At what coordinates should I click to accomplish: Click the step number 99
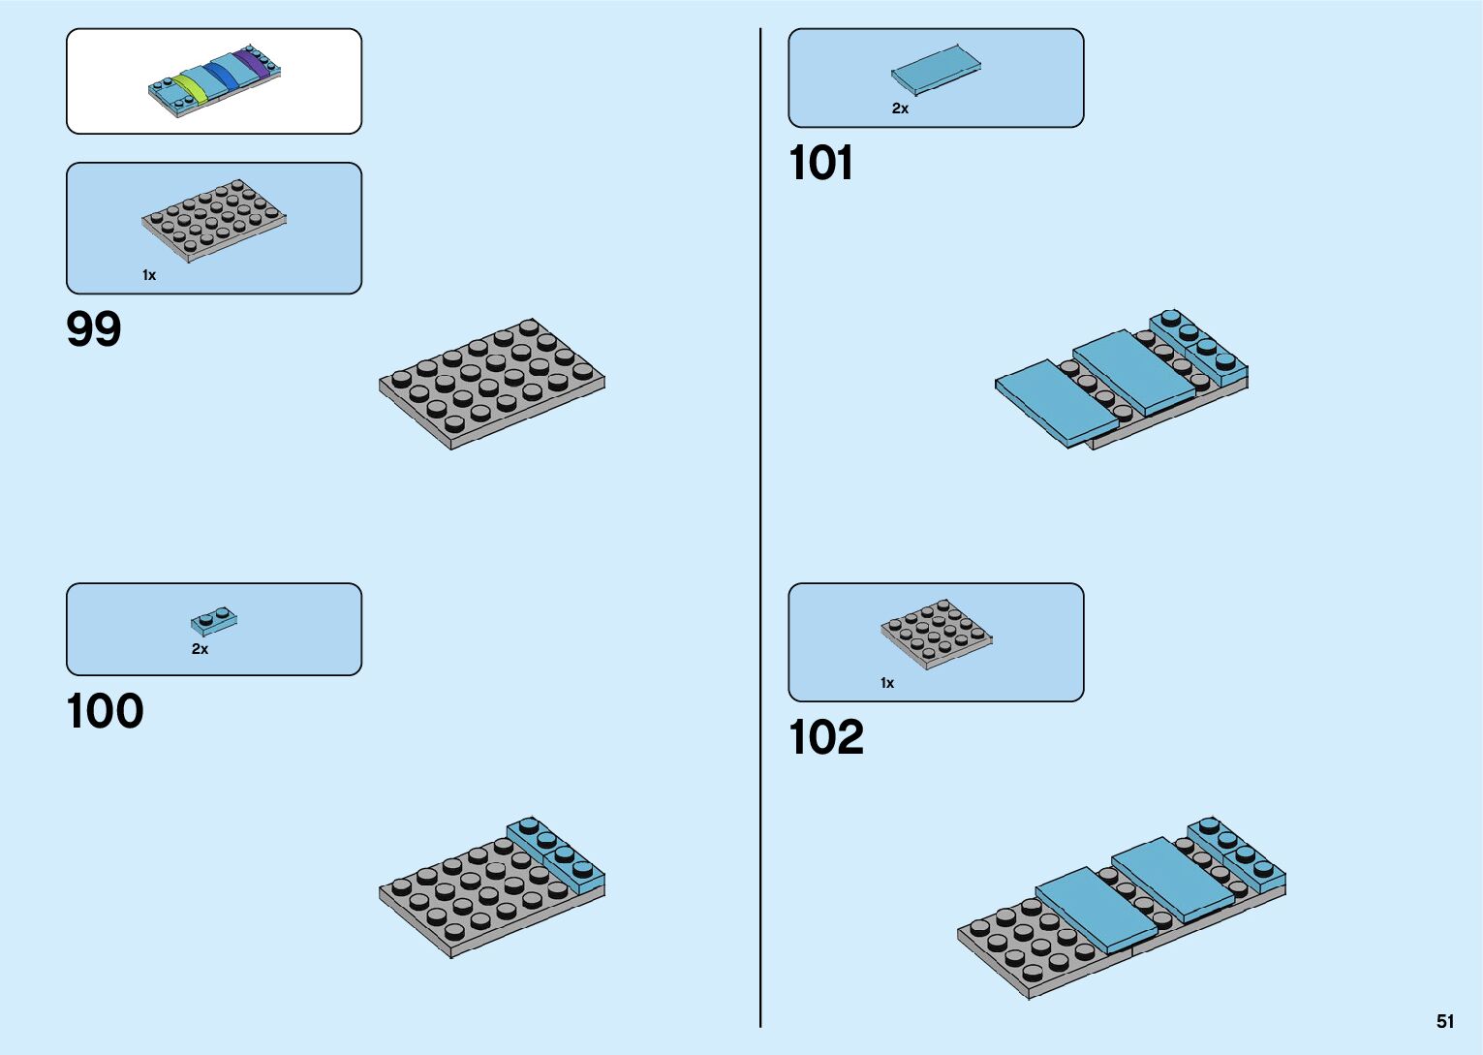pos(94,329)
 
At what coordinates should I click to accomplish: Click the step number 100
pos(105,711)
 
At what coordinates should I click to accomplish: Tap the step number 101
pos(820,163)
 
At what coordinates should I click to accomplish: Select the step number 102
pos(825,737)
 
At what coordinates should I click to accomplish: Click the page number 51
pos(1445,1021)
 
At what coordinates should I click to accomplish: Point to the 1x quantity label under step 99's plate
pos(149,275)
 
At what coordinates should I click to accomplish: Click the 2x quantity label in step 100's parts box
pos(200,649)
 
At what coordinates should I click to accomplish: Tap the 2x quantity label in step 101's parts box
pos(900,109)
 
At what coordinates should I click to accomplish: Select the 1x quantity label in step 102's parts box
pos(887,683)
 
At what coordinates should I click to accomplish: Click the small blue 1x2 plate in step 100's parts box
pos(214,620)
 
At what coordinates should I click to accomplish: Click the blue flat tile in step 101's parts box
pos(936,69)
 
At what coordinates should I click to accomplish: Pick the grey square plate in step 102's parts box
pos(936,634)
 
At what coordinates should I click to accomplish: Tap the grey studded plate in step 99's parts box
pos(213,220)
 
